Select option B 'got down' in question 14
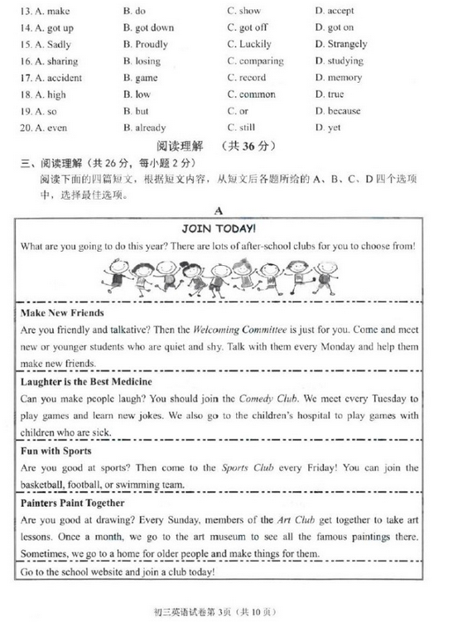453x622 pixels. (148, 27)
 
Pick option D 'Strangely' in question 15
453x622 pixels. (340, 44)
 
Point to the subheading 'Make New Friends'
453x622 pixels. (62, 312)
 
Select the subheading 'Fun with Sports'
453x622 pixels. (55, 451)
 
